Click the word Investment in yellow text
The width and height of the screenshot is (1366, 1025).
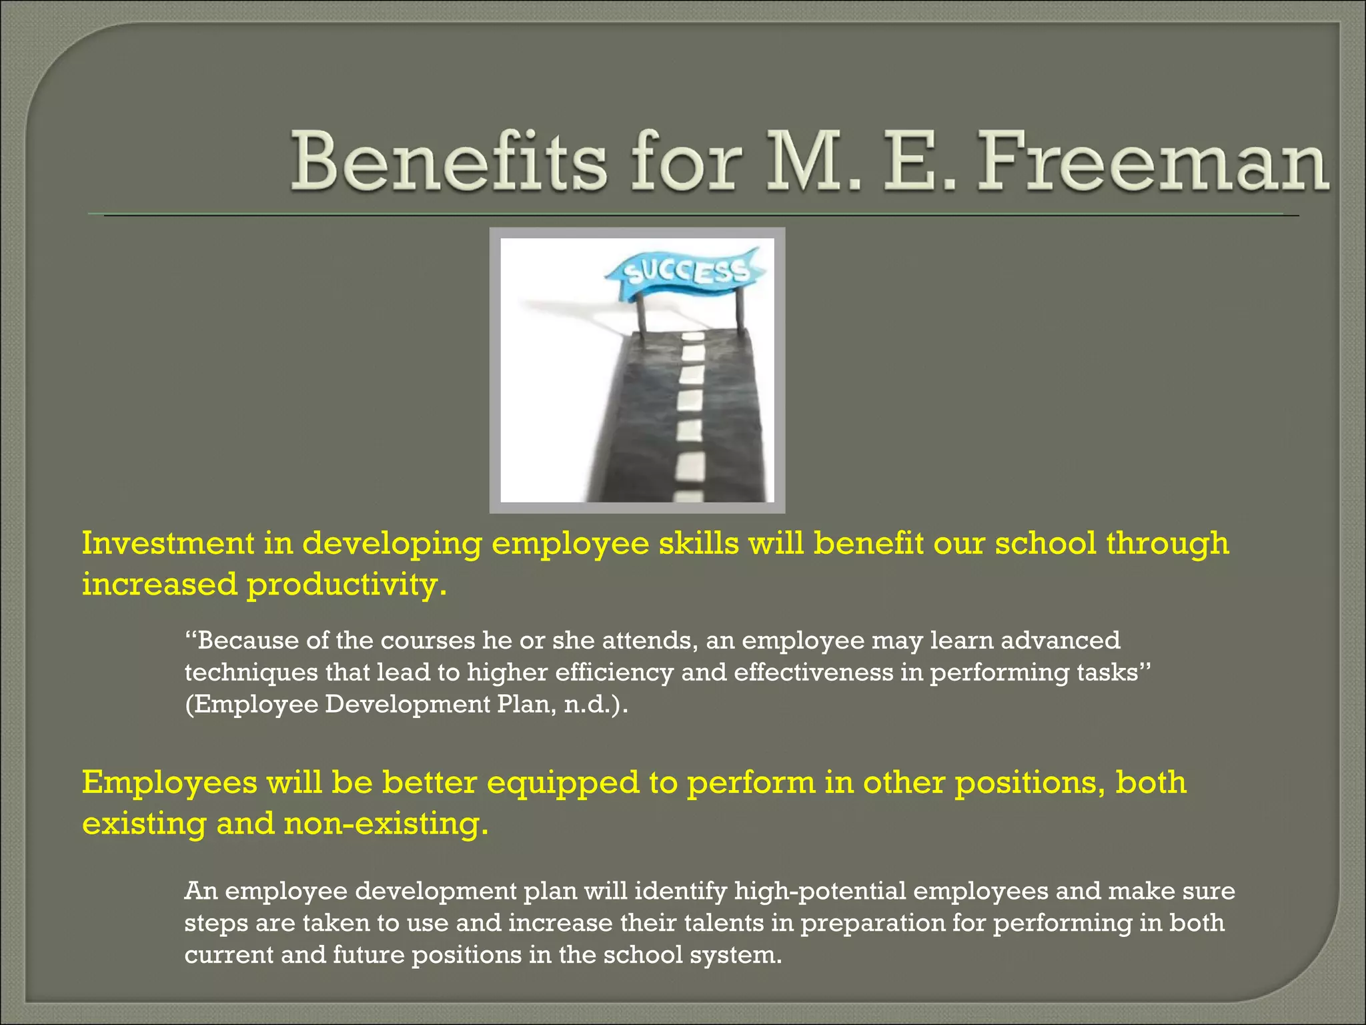[167, 543]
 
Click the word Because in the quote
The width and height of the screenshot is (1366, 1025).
[247, 641]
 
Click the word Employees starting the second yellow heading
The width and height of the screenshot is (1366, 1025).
[169, 783]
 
